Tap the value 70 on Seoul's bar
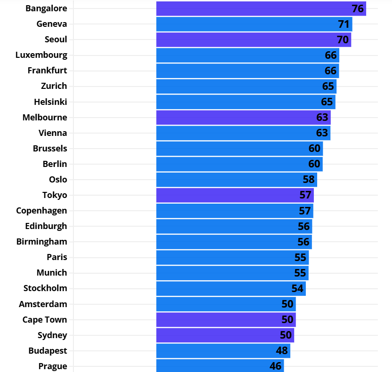pos(343,40)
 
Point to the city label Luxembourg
pos(41,55)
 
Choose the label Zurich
pos(54,86)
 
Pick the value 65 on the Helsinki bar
pos(327,102)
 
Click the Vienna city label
pos(53,133)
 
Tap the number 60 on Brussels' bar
pos(314,149)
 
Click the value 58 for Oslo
pos(309,180)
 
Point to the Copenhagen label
pos(41,211)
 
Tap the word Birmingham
pos(41,242)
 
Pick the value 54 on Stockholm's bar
pos(297,288)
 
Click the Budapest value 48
pos(282,351)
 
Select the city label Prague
pos(53,366)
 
